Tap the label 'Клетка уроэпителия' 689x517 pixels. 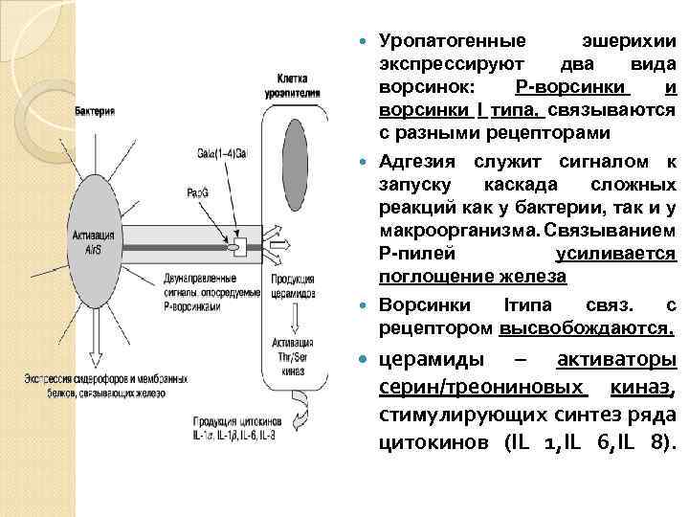tap(299, 86)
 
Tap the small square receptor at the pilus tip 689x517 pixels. tap(239, 247)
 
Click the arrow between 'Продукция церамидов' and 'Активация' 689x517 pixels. tap(292, 319)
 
